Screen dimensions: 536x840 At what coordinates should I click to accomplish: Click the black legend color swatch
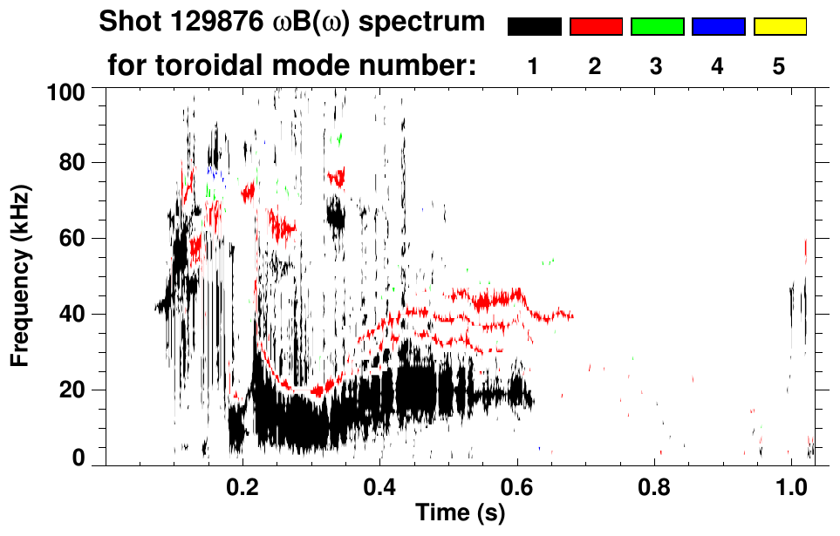(534, 26)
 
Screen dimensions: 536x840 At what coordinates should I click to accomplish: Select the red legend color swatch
(596, 26)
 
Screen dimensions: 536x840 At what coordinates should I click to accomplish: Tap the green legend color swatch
(657, 26)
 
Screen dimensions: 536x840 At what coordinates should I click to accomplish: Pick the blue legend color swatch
(718, 26)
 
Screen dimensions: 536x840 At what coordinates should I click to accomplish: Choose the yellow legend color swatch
(780, 26)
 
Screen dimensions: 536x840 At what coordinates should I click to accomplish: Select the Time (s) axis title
(460, 513)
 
